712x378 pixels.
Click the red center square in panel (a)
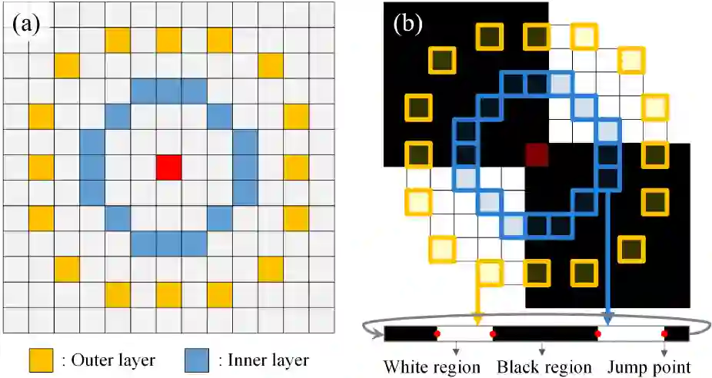(168, 167)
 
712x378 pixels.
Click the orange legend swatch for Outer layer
(40, 360)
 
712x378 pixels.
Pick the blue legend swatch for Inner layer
(198, 360)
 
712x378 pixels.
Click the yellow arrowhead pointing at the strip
(477, 320)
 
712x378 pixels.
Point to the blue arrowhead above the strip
(608, 320)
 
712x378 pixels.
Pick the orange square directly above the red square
(168, 39)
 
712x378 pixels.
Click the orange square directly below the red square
(168, 293)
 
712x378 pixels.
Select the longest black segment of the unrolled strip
(545, 333)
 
